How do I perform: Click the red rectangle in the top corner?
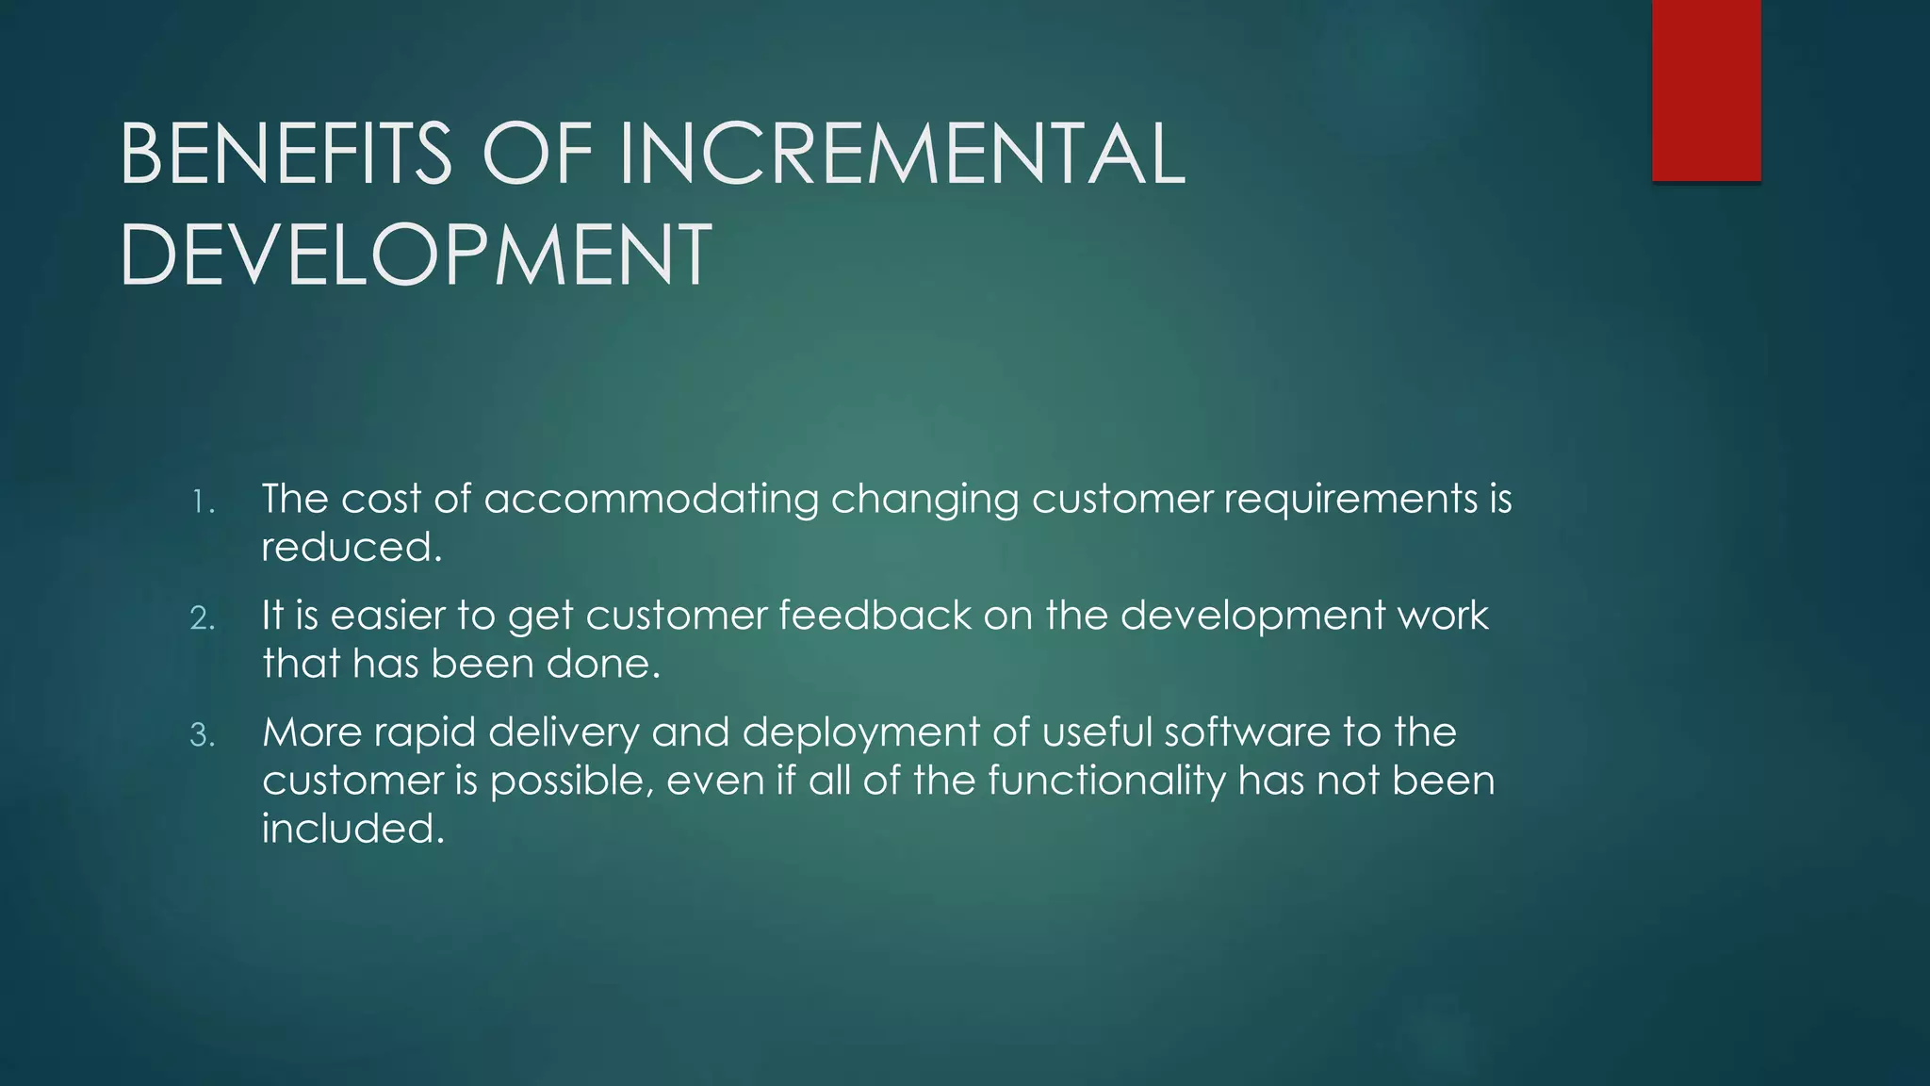pos(1706,90)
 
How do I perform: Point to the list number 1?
pos(203,502)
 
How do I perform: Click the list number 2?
pos(203,618)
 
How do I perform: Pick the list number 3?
pos(203,735)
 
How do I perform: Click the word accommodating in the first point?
pos(651,500)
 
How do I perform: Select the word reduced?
pos(351,548)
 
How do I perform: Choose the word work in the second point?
pos(1442,616)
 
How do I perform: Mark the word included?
pos(352,829)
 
